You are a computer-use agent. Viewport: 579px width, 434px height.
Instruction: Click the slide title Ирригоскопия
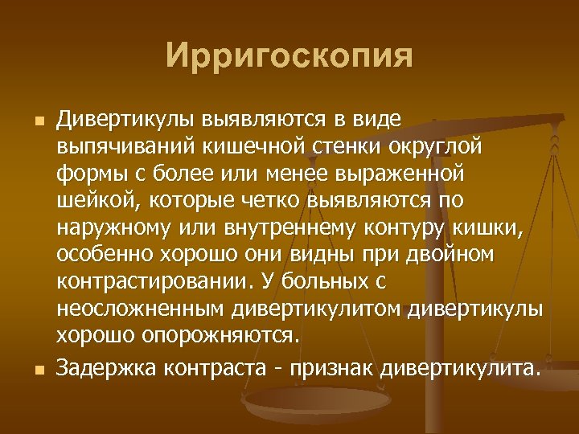pos(289,57)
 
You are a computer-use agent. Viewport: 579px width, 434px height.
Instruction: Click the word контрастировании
pos(152,282)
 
